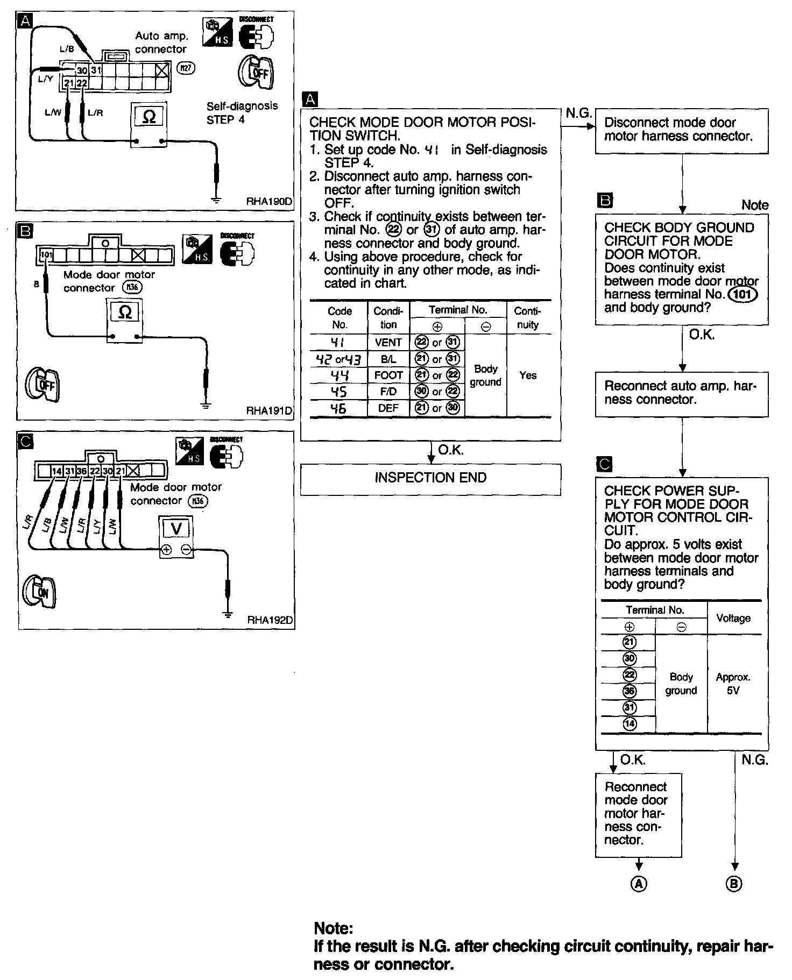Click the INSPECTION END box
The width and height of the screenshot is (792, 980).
(x=430, y=478)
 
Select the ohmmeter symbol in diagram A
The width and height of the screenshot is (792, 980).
(x=150, y=117)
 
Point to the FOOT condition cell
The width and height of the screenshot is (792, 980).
(x=388, y=375)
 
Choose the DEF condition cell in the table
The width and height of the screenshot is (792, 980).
(x=388, y=408)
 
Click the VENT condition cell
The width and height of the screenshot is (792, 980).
(x=388, y=342)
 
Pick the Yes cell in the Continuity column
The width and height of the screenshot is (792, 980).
(x=528, y=375)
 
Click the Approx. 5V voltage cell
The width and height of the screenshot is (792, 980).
(x=733, y=684)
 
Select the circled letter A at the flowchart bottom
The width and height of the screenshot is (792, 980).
(x=639, y=884)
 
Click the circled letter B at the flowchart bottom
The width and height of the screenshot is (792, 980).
(x=734, y=884)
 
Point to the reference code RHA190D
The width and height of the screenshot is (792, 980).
(x=269, y=202)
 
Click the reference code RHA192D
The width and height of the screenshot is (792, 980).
(x=270, y=620)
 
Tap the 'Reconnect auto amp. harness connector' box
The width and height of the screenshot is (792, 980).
(x=681, y=393)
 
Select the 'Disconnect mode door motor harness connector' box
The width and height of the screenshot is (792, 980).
(x=681, y=130)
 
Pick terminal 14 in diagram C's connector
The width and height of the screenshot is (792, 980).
(x=57, y=472)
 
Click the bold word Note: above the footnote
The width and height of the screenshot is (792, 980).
(x=334, y=928)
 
